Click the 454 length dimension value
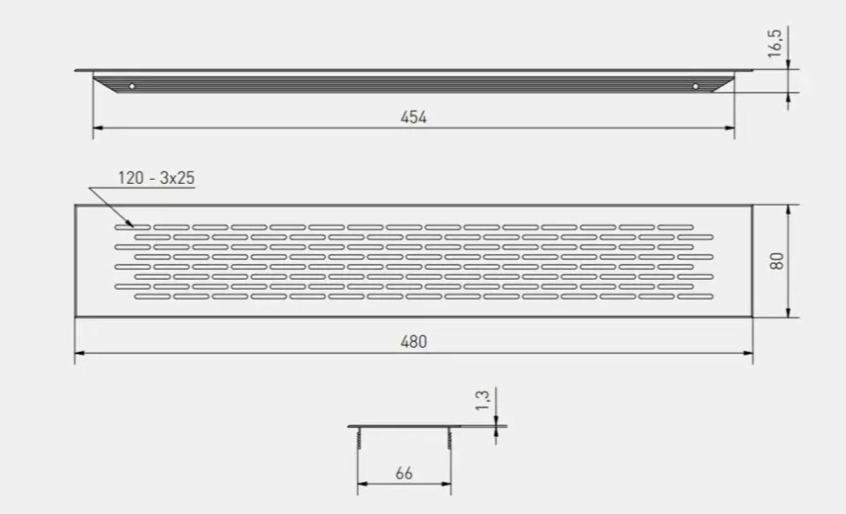[x=413, y=118]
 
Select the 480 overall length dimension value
[x=413, y=342]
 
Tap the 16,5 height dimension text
[x=775, y=43]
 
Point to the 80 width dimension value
[x=777, y=261]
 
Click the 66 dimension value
[x=405, y=474]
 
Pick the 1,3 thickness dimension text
[x=483, y=400]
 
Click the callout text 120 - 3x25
[x=156, y=178]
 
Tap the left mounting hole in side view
[x=132, y=87]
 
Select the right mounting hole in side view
[x=695, y=87]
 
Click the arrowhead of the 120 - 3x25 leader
[x=130, y=223]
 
